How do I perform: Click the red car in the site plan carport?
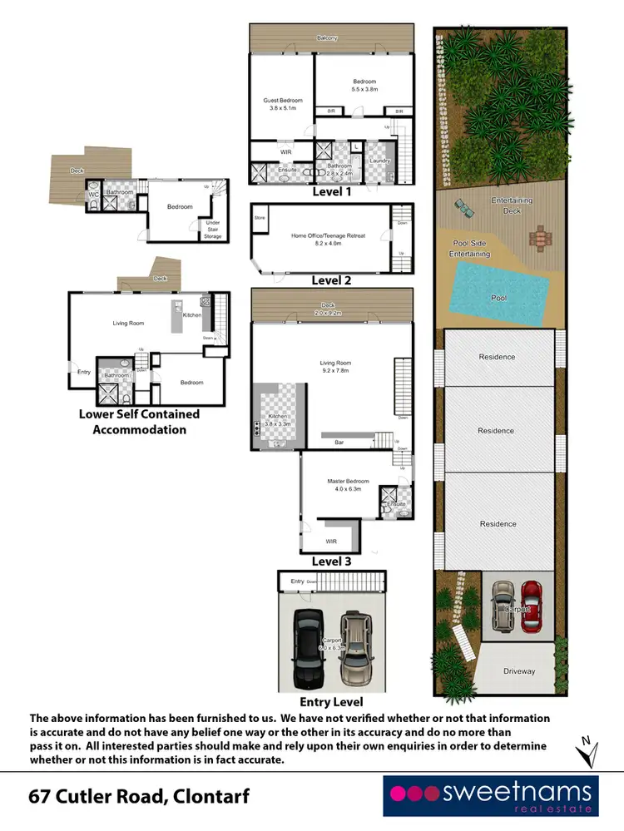tap(531, 605)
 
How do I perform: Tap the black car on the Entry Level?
tap(308, 646)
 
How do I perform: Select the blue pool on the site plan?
tap(499, 291)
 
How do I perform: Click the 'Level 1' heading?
tap(332, 191)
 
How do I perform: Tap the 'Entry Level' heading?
tap(332, 702)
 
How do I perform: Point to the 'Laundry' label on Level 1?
tap(379, 161)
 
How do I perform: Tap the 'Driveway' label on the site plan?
tap(519, 670)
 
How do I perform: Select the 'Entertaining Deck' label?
tap(512, 205)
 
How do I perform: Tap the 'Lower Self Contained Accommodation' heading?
tap(139, 422)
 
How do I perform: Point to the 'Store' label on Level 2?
tap(260, 218)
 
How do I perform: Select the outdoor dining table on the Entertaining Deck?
tap(542, 237)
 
